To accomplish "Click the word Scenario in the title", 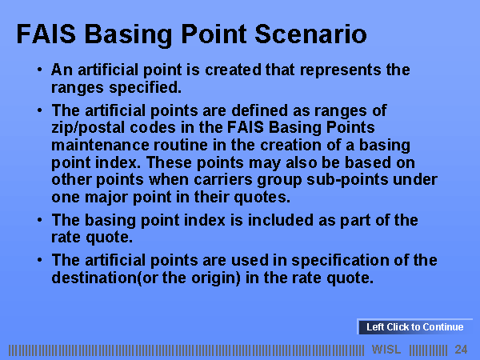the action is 310,34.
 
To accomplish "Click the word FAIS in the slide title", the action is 46,34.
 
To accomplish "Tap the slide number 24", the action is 461,350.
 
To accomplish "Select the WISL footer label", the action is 386,350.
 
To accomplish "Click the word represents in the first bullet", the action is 340,70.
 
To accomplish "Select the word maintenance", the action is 100,145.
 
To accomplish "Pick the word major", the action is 106,198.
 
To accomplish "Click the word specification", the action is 340,261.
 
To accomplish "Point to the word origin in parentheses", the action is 214,278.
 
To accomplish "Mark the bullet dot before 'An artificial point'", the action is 39,70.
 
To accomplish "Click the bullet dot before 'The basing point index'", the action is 39,220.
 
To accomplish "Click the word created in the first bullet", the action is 233,70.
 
